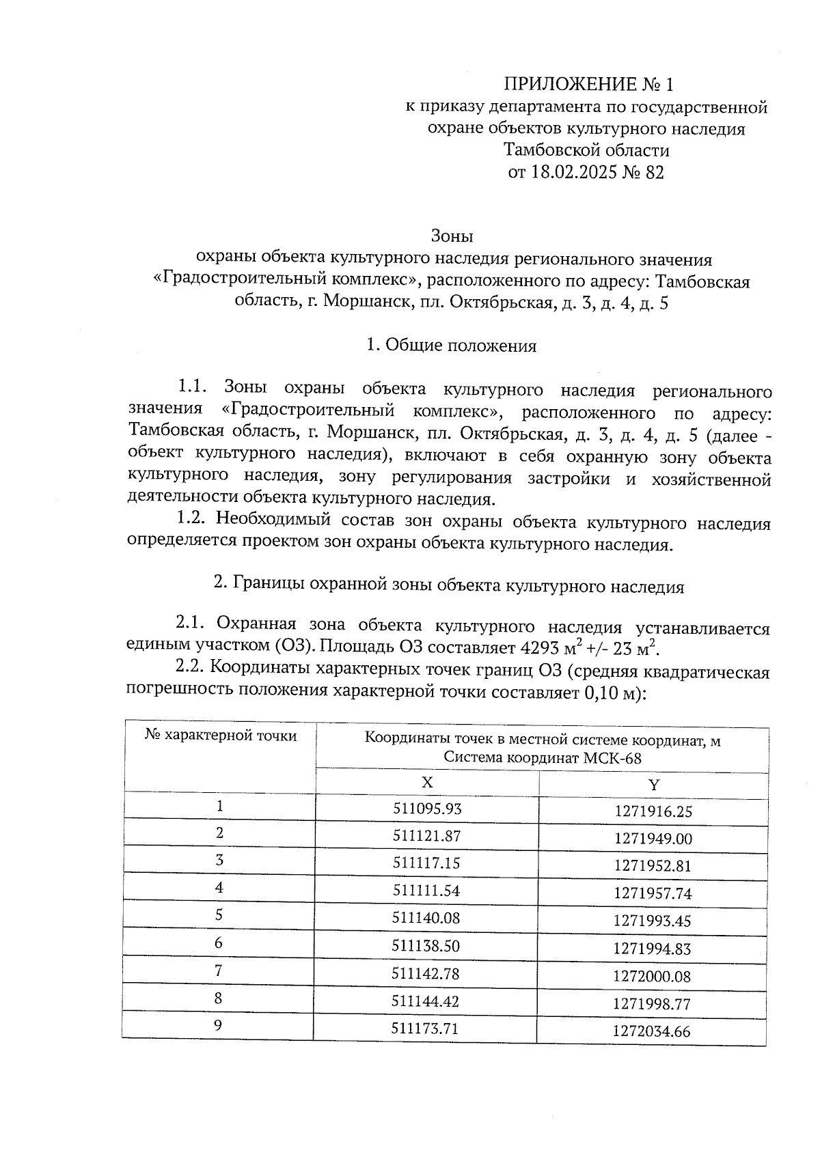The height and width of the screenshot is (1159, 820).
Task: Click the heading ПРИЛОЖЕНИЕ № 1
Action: [x=588, y=84]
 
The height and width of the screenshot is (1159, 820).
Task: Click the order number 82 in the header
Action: [x=653, y=172]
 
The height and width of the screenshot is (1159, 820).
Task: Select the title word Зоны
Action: [x=452, y=236]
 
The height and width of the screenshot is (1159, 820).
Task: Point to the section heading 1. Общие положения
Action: [x=451, y=346]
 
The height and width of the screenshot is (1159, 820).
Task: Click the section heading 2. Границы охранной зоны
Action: [x=449, y=585]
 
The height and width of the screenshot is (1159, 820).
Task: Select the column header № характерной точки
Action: [x=221, y=736]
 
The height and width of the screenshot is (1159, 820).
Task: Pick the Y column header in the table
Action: [x=653, y=785]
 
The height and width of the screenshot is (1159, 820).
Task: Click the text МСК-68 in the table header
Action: [x=613, y=758]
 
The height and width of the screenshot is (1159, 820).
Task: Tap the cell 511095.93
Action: [x=427, y=809]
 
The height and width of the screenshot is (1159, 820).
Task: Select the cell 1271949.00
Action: [x=653, y=839]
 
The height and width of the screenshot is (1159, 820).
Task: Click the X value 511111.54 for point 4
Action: [x=426, y=891]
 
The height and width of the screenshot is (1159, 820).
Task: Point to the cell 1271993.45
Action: [x=653, y=921]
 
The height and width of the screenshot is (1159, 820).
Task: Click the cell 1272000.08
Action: [x=652, y=977]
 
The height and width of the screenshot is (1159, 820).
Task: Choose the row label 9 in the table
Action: [x=218, y=1025]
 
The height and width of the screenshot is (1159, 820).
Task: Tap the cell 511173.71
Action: [x=424, y=1028]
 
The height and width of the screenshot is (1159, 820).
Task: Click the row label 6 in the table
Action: [x=219, y=942]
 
